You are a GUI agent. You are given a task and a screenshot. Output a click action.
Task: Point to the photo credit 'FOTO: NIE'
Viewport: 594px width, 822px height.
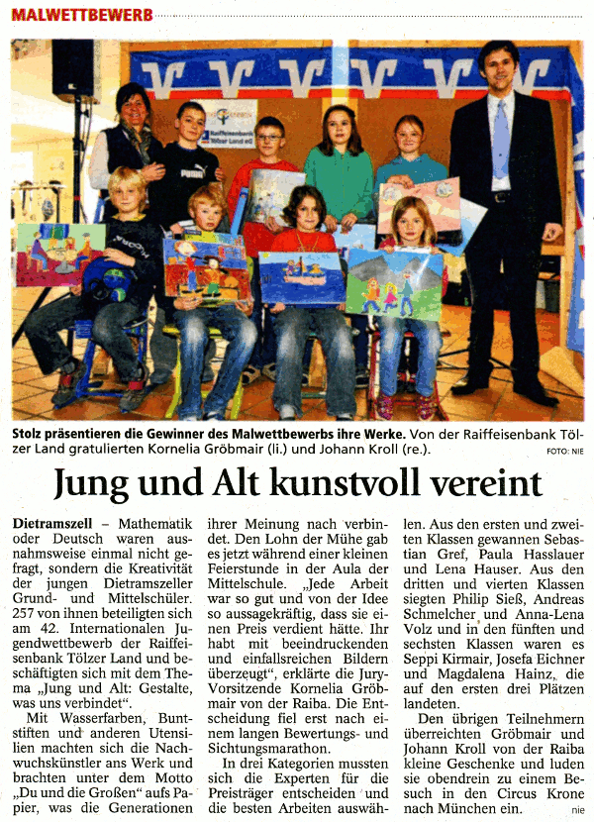coord(564,452)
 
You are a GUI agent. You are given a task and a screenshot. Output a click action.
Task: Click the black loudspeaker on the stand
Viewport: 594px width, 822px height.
coord(73,69)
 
